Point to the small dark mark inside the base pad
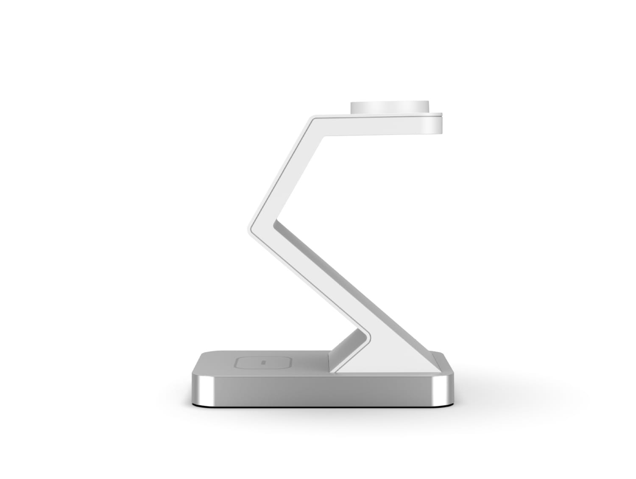point(263,363)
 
